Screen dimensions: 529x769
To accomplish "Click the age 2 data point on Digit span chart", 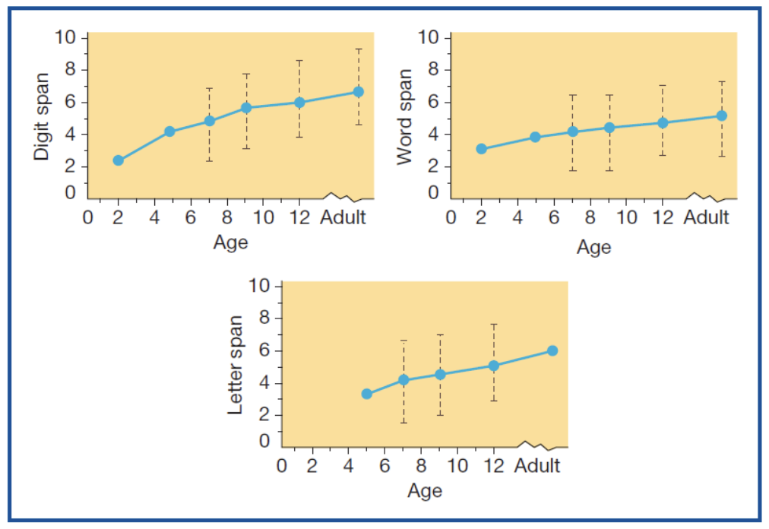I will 118,160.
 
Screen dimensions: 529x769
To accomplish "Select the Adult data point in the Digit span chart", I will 358,92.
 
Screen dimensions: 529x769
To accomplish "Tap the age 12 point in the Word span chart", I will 663,122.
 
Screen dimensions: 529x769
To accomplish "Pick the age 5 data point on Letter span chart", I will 366,394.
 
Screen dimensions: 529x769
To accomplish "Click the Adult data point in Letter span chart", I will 552,350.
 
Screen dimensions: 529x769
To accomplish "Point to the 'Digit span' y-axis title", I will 43,116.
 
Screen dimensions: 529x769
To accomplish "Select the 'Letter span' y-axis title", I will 236,365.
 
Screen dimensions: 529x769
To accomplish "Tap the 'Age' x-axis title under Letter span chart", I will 424,490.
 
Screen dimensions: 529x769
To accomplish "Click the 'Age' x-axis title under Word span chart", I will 593,247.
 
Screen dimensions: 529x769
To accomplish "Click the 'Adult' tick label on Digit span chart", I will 343,217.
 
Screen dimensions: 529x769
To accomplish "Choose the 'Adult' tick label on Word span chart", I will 706,217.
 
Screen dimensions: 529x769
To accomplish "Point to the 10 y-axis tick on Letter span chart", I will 261,286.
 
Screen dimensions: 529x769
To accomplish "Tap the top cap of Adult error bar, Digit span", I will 358,49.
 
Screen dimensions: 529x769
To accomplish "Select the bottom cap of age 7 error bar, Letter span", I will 403,423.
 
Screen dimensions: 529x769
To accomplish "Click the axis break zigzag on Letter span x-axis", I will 537,445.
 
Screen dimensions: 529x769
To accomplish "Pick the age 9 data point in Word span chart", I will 609,128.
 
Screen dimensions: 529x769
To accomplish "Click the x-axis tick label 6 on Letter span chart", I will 384,465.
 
